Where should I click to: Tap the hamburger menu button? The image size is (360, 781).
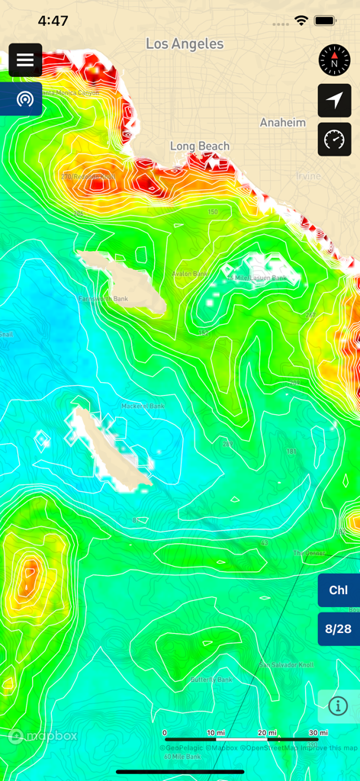coord(25,60)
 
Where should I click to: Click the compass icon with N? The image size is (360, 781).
coord(334,60)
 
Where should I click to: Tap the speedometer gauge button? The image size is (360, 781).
coord(334,140)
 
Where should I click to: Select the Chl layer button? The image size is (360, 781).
coord(339,590)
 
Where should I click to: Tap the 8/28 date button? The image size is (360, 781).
coord(339,629)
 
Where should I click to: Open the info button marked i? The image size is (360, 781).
coord(339,705)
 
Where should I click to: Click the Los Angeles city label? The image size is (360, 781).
coord(185,44)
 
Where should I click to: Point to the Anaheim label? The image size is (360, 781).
coord(282,123)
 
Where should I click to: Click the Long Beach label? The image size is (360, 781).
coord(200,146)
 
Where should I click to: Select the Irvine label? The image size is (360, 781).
coord(309,176)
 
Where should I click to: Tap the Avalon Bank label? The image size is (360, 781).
coord(190,274)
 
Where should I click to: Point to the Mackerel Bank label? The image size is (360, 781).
coord(143,406)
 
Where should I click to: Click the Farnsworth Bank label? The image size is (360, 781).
coord(103,299)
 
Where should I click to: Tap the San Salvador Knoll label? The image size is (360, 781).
coord(286,664)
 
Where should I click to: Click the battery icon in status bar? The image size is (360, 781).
coord(326,21)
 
